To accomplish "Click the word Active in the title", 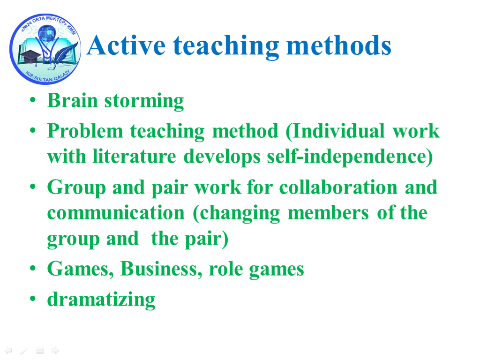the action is coord(126,45).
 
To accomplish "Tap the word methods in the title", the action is coord(338,45).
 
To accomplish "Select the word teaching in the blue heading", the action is coord(226,46).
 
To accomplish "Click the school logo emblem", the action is coord(45,49).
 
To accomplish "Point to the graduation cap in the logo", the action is coord(30,56).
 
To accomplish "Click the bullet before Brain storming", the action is coord(33,100).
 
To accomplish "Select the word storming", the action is coord(144,101).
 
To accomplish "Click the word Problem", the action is coord(85,131).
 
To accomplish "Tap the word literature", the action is coord(135,157).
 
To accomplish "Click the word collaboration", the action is coord(338,187).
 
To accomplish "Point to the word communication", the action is coord(116,213).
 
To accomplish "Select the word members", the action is coord(328,213).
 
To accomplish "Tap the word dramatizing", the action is coord(101,300).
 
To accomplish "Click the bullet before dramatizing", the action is coord(33,299).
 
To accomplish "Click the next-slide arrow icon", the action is coord(55,350).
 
